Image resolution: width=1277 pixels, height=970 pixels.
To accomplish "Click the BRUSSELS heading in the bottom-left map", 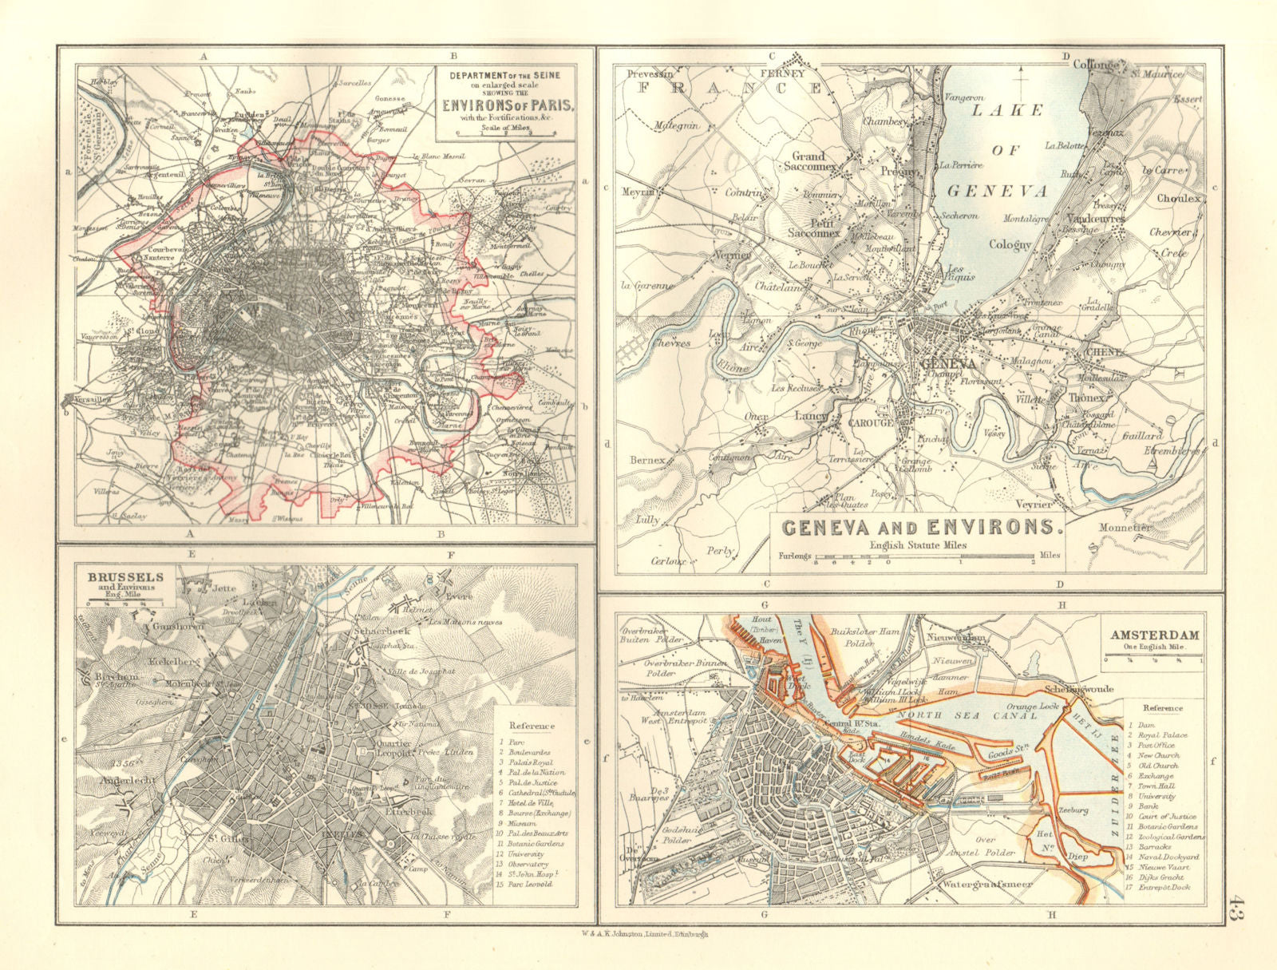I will (x=117, y=576).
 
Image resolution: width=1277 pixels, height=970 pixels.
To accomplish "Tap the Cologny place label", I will (x=1010, y=245).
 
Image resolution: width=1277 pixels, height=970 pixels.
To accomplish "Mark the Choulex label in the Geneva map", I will (x=1178, y=197).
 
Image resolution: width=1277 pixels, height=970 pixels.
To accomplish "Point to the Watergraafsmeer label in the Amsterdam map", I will (x=986, y=885).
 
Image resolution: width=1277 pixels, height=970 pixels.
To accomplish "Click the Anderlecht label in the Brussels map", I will (x=121, y=781).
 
